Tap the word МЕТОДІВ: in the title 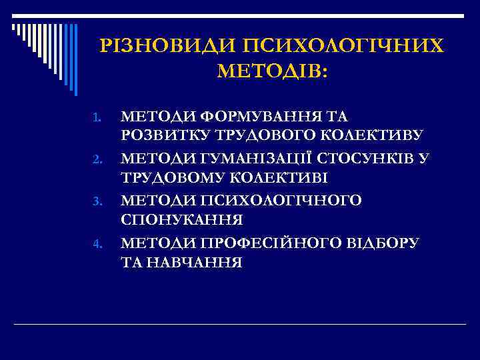click(x=272, y=71)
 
